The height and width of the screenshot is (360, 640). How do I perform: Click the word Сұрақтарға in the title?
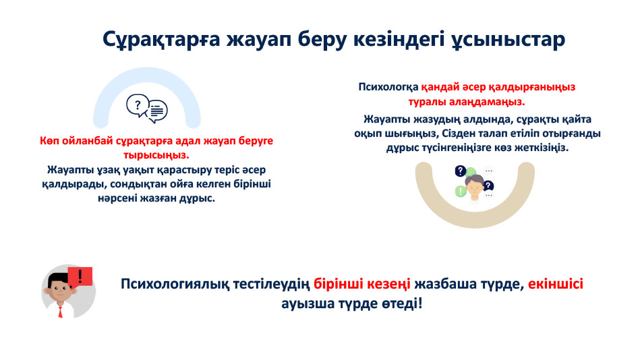point(161,39)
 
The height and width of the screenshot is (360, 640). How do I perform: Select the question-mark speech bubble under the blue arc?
point(137,106)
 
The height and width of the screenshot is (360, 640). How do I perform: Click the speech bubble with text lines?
point(157,111)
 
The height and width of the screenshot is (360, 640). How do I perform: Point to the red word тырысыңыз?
point(156,156)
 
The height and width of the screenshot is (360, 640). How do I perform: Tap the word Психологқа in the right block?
point(388,88)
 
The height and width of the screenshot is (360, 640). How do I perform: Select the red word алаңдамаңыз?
point(487,102)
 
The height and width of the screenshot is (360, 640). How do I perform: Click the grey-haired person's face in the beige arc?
point(474,189)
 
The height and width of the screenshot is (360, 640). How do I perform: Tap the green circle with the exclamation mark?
point(461,191)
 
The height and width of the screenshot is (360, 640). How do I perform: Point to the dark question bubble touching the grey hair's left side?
point(461,171)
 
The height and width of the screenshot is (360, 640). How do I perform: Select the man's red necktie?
point(61,312)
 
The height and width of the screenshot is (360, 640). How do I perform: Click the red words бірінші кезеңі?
point(362,284)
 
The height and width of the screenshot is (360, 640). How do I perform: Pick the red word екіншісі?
point(556,284)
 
